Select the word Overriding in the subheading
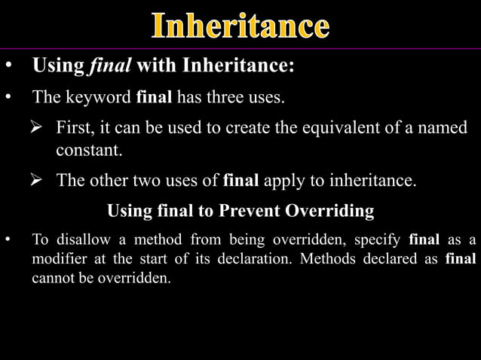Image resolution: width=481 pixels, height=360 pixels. coord(329,211)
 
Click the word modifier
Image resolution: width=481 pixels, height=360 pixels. coord(58,260)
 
